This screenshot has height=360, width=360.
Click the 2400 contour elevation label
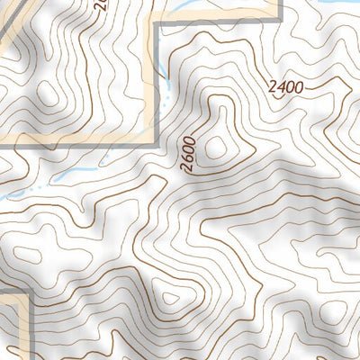click(285, 88)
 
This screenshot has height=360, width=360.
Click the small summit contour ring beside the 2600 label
click(216, 146)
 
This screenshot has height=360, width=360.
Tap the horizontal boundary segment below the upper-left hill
click(81, 139)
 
